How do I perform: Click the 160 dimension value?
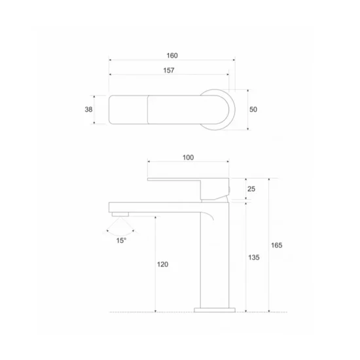[x=172, y=56]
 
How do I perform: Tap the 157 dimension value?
[x=169, y=70]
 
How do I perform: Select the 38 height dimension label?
[x=88, y=109]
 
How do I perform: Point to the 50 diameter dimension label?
[x=253, y=109]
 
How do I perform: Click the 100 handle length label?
[x=188, y=158]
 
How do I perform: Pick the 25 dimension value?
[x=251, y=189]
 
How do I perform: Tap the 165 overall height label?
[x=277, y=245]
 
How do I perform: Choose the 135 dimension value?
[x=254, y=258]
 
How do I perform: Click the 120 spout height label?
[x=162, y=264]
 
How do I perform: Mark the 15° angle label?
[x=121, y=241]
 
